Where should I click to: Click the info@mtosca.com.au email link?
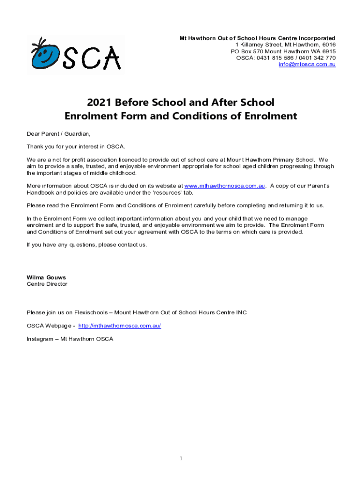[307, 65]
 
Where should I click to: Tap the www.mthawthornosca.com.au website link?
[225, 186]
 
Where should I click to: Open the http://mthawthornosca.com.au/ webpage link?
[120, 326]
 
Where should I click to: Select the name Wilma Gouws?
[46, 277]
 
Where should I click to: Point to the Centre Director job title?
[47, 284]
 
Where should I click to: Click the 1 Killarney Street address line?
[285, 45]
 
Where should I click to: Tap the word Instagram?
[40, 339]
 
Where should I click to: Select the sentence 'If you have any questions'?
[86, 245]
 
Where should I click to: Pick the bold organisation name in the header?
[258, 38]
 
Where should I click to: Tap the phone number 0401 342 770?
[318, 58]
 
